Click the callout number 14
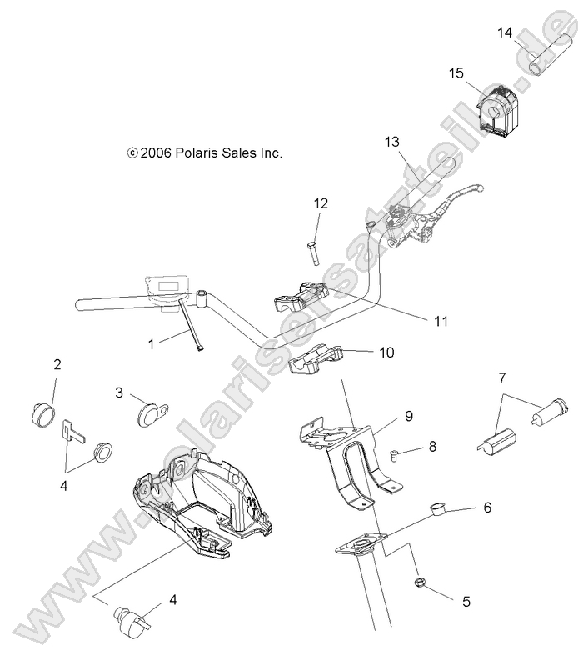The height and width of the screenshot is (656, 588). coord(505,33)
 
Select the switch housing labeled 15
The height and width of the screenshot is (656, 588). coord(497,108)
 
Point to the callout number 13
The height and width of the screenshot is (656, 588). coord(392,142)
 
